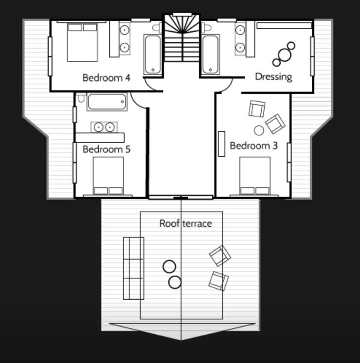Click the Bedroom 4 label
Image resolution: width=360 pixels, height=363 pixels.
click(106, 78)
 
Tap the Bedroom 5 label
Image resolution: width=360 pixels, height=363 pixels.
click(107, 149)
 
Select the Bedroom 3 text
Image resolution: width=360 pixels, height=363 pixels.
click(253, 145)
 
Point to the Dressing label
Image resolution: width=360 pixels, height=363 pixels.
click(273, 77)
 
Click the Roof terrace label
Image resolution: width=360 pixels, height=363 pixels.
click(186, 223)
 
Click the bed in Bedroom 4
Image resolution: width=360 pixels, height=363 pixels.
click(82, 42)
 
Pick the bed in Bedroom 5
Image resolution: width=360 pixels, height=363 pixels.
click(108, 176)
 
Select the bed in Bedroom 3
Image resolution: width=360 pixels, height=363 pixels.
click(254, 176)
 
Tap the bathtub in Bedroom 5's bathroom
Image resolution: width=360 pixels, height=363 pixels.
click(107, 102)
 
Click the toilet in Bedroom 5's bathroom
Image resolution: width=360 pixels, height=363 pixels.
click(81, 97)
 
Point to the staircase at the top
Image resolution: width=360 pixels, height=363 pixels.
click(182, 37)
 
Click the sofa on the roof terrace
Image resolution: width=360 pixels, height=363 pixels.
click(134, 268)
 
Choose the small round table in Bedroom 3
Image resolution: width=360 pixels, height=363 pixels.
click(259, 130)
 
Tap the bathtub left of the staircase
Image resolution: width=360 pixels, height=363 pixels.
click(152, 54)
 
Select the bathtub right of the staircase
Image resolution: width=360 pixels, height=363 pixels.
click(211, 54)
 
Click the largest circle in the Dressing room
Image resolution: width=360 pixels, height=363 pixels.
click(285, 55)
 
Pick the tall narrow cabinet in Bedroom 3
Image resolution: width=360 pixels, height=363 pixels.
click(221, 144)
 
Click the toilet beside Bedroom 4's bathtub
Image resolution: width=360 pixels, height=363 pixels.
click(157, 28)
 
